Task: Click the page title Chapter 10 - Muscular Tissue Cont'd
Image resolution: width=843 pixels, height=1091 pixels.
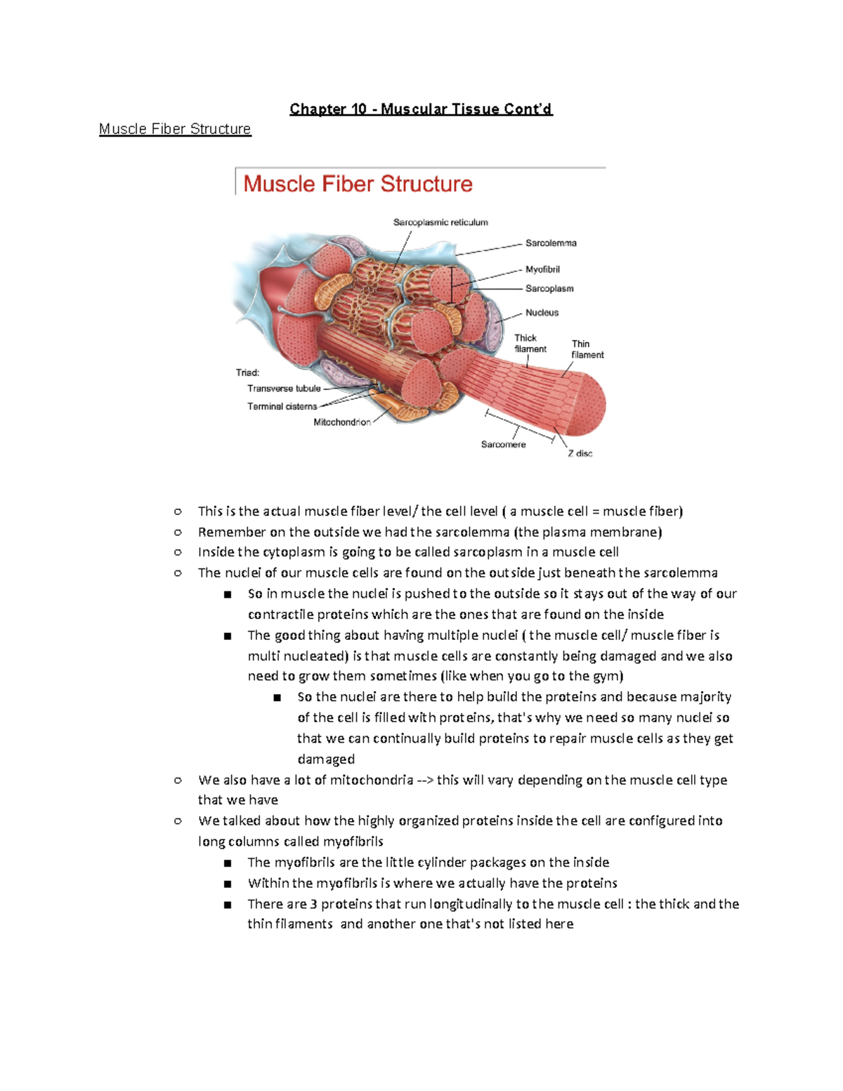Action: pyautogui.click(x=421, y=109)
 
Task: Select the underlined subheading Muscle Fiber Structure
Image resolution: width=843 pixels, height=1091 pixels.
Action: pyautogui.click(x=175, y=129)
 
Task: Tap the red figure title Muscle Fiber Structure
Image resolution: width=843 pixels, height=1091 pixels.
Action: pyautogui.click(x=358, y=184)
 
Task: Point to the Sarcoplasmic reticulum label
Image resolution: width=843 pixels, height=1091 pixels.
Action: pyautogui.click(x=440, y=223)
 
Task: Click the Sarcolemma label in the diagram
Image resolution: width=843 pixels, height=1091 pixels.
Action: pyautogui.click(x=551, y=243)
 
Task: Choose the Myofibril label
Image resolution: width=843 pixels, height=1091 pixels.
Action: pyautogui.click(x=542, y=269)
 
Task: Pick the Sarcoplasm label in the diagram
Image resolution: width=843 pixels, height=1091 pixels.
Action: pyautogui.click(x=549, y=289)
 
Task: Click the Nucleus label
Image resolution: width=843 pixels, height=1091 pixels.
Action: pyautogui.click(x=542, y=313)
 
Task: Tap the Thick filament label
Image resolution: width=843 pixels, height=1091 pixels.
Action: pyautogui.click(x=530, y=344)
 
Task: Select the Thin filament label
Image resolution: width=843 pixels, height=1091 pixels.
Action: pyautogui.click(x=587, y=349)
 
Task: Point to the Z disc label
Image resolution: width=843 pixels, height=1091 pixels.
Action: pyautogui.click(x=580, y=454)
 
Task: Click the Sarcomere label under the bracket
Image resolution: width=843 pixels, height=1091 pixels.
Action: pyautogui.click(x=503, y=445)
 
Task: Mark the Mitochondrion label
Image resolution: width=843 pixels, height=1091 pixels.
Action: pyautogui.click(x=342, y=422)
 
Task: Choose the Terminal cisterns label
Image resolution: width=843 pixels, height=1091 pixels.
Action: pyautogui.click(x=282, y=406)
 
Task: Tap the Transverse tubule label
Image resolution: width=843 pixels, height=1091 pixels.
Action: pyautogui.click(x=284, y=388)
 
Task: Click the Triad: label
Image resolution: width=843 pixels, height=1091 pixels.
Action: pyautogui.click(x=247, y=372)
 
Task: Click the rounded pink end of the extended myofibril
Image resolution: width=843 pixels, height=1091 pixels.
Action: pyautogui.click(x=588, y=405)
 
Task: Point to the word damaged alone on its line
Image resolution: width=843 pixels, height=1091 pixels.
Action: pyautogui.click(x=326, y=759)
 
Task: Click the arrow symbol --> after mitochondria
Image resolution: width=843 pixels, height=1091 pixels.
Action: pyautogui.click(x=424, y=780)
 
